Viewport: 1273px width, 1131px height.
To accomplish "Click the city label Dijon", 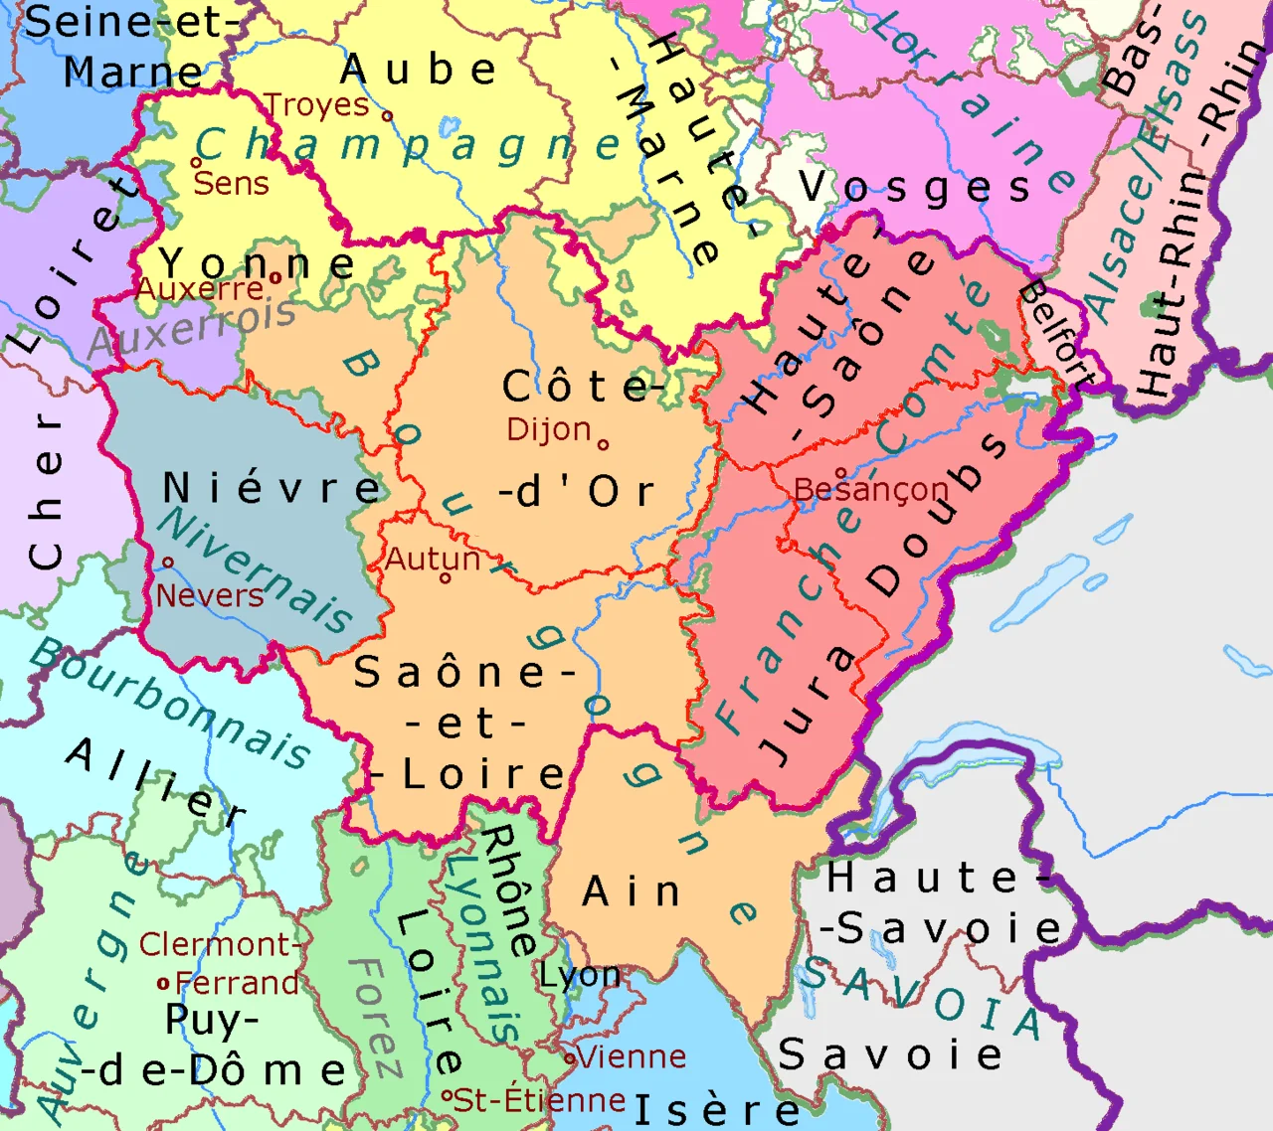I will point(548,429).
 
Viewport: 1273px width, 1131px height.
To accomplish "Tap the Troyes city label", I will point(316,104).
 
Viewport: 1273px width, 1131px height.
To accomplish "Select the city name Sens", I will point(231,183).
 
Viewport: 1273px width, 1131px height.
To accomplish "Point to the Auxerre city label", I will point(200,289).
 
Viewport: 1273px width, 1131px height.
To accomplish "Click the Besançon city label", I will point(870,489).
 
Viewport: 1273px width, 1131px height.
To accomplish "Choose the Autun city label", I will point(433,560).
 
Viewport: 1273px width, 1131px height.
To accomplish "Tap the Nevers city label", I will point(210,595).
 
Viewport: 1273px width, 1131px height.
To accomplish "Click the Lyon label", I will point(580,976).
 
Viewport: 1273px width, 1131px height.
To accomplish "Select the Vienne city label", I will point(632,1056).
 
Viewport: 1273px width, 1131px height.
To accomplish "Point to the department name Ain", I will point(632,891).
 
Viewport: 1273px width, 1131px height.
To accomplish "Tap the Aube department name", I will point(418,70).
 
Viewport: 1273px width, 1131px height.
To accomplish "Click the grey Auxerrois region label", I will point(192,329).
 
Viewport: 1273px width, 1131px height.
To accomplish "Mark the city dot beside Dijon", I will point(603,444).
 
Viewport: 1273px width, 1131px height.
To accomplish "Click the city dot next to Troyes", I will point(388,115).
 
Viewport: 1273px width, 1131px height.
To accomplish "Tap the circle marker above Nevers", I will point(168,563).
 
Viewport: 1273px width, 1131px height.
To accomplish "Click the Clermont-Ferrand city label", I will point(219,963).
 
